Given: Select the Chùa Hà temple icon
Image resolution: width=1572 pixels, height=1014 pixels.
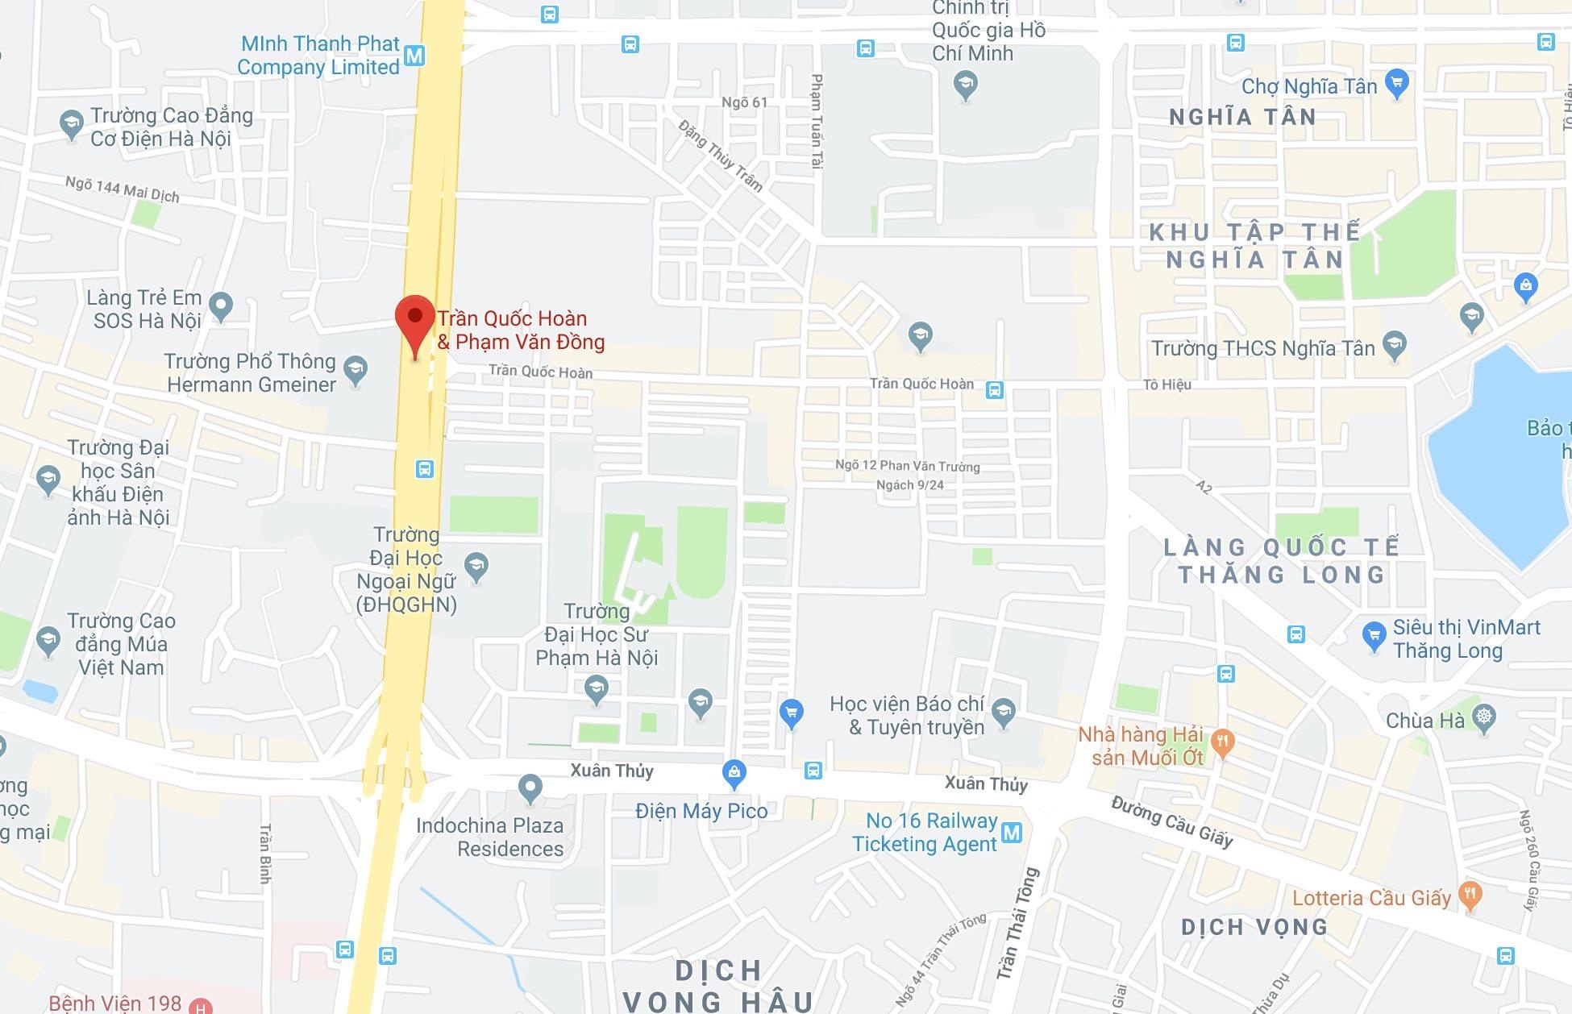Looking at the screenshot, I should click(x=1483, y=717).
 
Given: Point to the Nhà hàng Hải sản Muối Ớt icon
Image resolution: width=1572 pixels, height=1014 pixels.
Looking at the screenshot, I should click(x=1223, y=743).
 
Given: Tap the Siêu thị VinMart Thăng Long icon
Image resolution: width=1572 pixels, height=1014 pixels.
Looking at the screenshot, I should click(x=1374, y=636).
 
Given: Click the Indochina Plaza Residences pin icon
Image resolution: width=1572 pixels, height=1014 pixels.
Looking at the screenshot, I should click(x=530, y=788).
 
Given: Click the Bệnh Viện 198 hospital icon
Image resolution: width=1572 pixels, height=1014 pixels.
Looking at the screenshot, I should click(x=200, y=1005).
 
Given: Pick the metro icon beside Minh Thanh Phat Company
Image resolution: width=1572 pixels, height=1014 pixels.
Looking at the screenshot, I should click(x=414, y=56).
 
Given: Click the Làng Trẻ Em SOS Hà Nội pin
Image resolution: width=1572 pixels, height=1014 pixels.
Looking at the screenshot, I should click(x=220, y=305).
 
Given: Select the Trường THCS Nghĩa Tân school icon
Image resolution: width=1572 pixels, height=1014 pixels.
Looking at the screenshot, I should click(x=1394, y=346).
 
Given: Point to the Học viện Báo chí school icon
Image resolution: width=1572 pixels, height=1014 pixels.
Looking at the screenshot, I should click(x=1004, y=711).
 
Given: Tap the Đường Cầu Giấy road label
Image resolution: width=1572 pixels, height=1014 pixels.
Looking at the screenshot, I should click(x=1172, y=821).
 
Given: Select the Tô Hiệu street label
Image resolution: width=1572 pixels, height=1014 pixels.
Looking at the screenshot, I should click(x=1167, y=384).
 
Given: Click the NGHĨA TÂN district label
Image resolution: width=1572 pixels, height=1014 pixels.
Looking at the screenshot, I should click(x=1242, y=118).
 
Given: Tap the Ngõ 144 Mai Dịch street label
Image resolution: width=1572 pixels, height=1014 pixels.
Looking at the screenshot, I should click(x=123, y=190).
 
